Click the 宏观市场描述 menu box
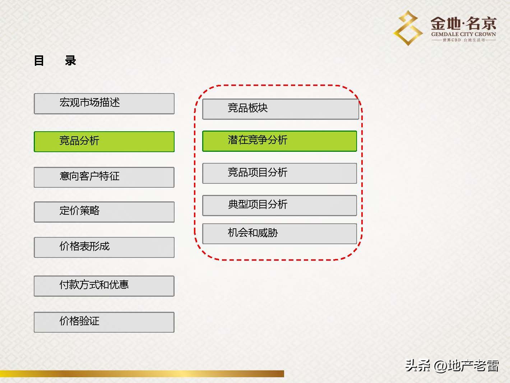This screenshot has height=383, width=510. (x=104, y=104)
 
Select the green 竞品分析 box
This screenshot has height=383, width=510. (x=104, y=141)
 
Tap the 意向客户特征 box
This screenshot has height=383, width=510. (x=104, y=177)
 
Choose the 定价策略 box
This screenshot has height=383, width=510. (x=104, y=211)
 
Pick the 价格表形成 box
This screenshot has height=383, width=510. (x=104, y=247)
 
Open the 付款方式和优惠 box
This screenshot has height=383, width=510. (x=104, y=286)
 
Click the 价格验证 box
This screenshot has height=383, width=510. (x=104, y=322)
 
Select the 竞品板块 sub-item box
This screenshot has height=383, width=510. (x=280, y=109)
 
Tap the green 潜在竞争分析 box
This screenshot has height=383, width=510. (x=279, y=141)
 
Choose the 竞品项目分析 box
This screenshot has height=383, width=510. (x=279, y=173)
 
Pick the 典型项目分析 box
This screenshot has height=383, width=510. (x=279, y=205)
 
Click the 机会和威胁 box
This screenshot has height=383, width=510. (x=279, y=234)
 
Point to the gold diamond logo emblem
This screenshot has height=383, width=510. (x=408, y=28)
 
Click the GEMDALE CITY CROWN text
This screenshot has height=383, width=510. (x=463, y=34)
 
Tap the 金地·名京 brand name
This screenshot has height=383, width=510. (x=463, y=24)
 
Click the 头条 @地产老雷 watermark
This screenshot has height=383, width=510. (x=452, y=366)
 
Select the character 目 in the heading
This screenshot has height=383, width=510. (x=39, y=60)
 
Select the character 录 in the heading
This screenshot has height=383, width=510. (x=70, y=60)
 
